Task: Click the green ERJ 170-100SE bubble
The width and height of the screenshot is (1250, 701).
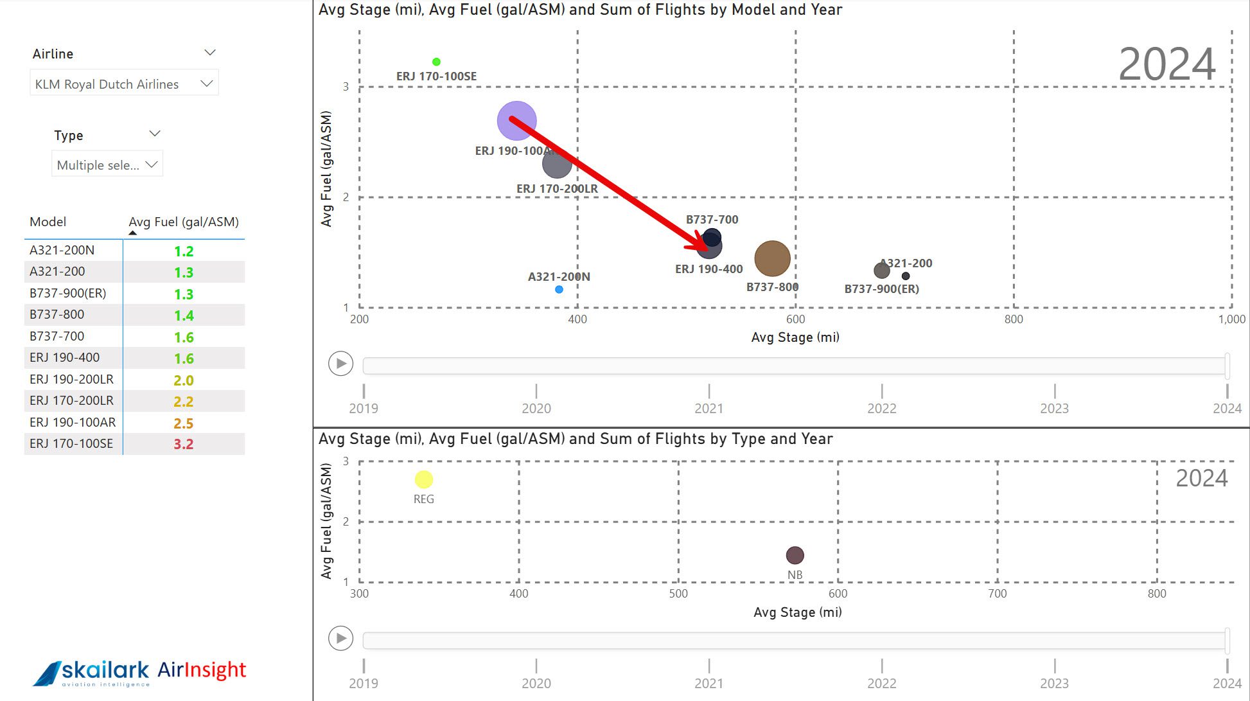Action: coord(436,62)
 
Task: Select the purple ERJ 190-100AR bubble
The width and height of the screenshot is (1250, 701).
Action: coord(516,121)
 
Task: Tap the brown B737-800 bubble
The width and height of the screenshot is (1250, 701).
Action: coord(772,259)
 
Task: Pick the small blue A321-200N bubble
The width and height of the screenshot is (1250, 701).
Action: coord(559,290)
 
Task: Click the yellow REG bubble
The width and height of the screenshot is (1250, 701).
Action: coord(424,479)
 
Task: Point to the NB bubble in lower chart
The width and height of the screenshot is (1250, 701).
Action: coord(795,555)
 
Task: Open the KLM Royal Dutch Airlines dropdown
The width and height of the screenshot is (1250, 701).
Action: coord(124,84)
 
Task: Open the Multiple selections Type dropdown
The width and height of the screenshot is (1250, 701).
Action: coord(107,164)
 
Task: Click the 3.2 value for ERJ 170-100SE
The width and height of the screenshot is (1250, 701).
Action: coord(183,444)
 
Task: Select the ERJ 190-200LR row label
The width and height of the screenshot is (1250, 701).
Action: coord(71,379)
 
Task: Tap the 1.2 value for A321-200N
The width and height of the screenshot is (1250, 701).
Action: coord(183,251)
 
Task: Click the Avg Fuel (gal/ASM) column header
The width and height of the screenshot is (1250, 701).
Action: coord(183,222)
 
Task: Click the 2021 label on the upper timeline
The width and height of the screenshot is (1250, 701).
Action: coord(709,408)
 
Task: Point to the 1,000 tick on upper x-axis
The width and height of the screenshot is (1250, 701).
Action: coord(1231,319)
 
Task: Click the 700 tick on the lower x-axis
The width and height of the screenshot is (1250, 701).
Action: coord(997,594)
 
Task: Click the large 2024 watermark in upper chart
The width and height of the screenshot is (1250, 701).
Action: coord(1166,64)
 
